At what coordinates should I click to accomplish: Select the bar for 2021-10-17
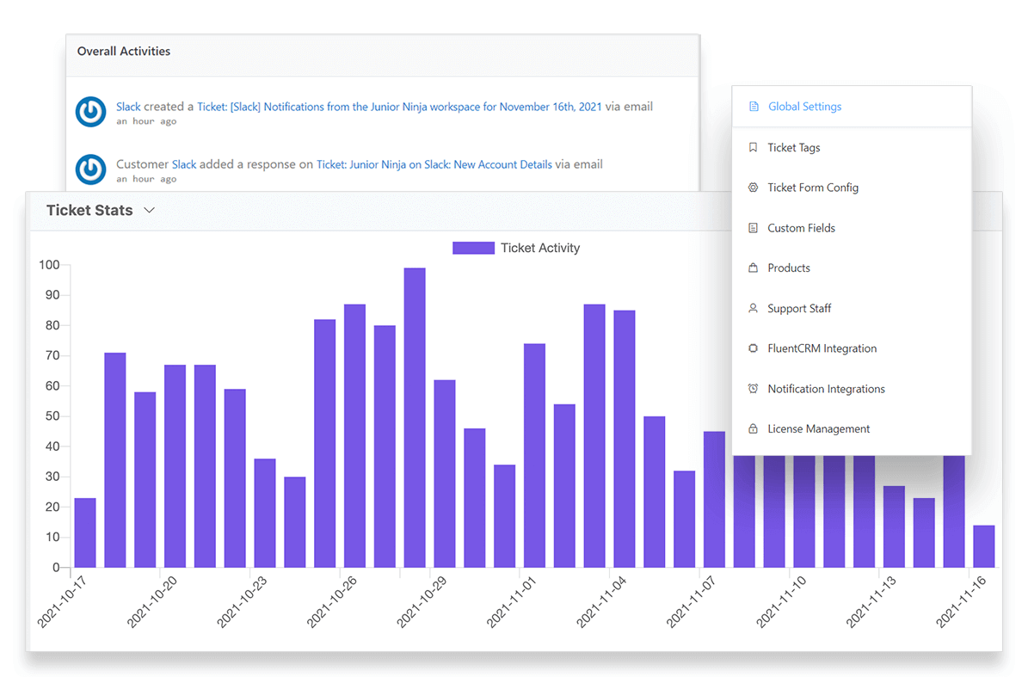(85, 532)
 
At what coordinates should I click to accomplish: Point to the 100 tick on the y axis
(49, 265)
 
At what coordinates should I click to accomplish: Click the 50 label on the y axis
(52, 416)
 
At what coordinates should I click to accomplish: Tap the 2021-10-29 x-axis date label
(422, 602)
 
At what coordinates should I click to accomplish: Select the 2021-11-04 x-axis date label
(601, 602)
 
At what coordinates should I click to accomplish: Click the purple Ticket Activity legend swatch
(473, 248)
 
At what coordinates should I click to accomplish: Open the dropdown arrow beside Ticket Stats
(150, 210)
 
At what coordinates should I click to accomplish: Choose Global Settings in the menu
(804, 107)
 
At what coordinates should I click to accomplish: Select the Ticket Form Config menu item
(812, 188)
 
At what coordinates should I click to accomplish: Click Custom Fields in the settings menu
(801, 228)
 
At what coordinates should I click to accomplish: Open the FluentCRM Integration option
(822, 348)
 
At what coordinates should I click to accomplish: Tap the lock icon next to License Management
(753, 428)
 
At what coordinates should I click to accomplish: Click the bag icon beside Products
(753, 268)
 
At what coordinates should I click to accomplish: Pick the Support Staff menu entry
(799, 308)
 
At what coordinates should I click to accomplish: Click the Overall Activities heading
(124, 52)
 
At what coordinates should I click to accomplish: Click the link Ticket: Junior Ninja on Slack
(434, 164)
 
